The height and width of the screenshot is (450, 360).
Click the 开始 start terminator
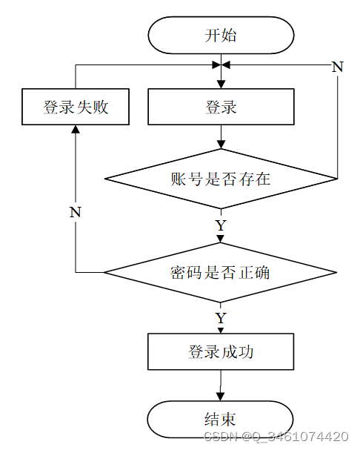tap(221, 36)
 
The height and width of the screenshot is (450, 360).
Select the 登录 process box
tap(221, 107)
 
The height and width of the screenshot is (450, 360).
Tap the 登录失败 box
tap(76, 107)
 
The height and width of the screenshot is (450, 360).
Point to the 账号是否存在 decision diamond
tap(221, 179)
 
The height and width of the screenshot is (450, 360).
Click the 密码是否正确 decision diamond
tap(220, 272)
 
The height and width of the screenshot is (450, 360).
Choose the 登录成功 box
tap(221, 351)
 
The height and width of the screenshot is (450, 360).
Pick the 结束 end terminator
tap(220, 420)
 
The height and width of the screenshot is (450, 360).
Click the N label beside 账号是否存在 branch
tap(338, 67)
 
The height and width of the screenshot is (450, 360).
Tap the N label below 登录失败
tap(76, 212)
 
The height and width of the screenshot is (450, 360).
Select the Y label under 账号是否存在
tap(221, 225)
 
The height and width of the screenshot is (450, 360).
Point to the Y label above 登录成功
tap(221, 318)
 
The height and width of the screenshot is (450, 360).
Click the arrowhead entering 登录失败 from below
tap(76, 129)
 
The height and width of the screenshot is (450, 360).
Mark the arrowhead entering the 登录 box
tap(221, 85)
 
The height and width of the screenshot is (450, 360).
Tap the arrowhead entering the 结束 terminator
tap(220, 397)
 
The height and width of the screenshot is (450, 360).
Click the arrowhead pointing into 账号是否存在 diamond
tap(221, 145)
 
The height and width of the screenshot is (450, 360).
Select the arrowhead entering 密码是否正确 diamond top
tap(220, 239)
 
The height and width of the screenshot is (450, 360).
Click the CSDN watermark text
tap(276, 436)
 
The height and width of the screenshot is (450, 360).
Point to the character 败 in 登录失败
tap(101, 107)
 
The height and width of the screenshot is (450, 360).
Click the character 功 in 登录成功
tap(245, 352)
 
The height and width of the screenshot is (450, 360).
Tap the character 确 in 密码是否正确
tap(261, 273)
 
